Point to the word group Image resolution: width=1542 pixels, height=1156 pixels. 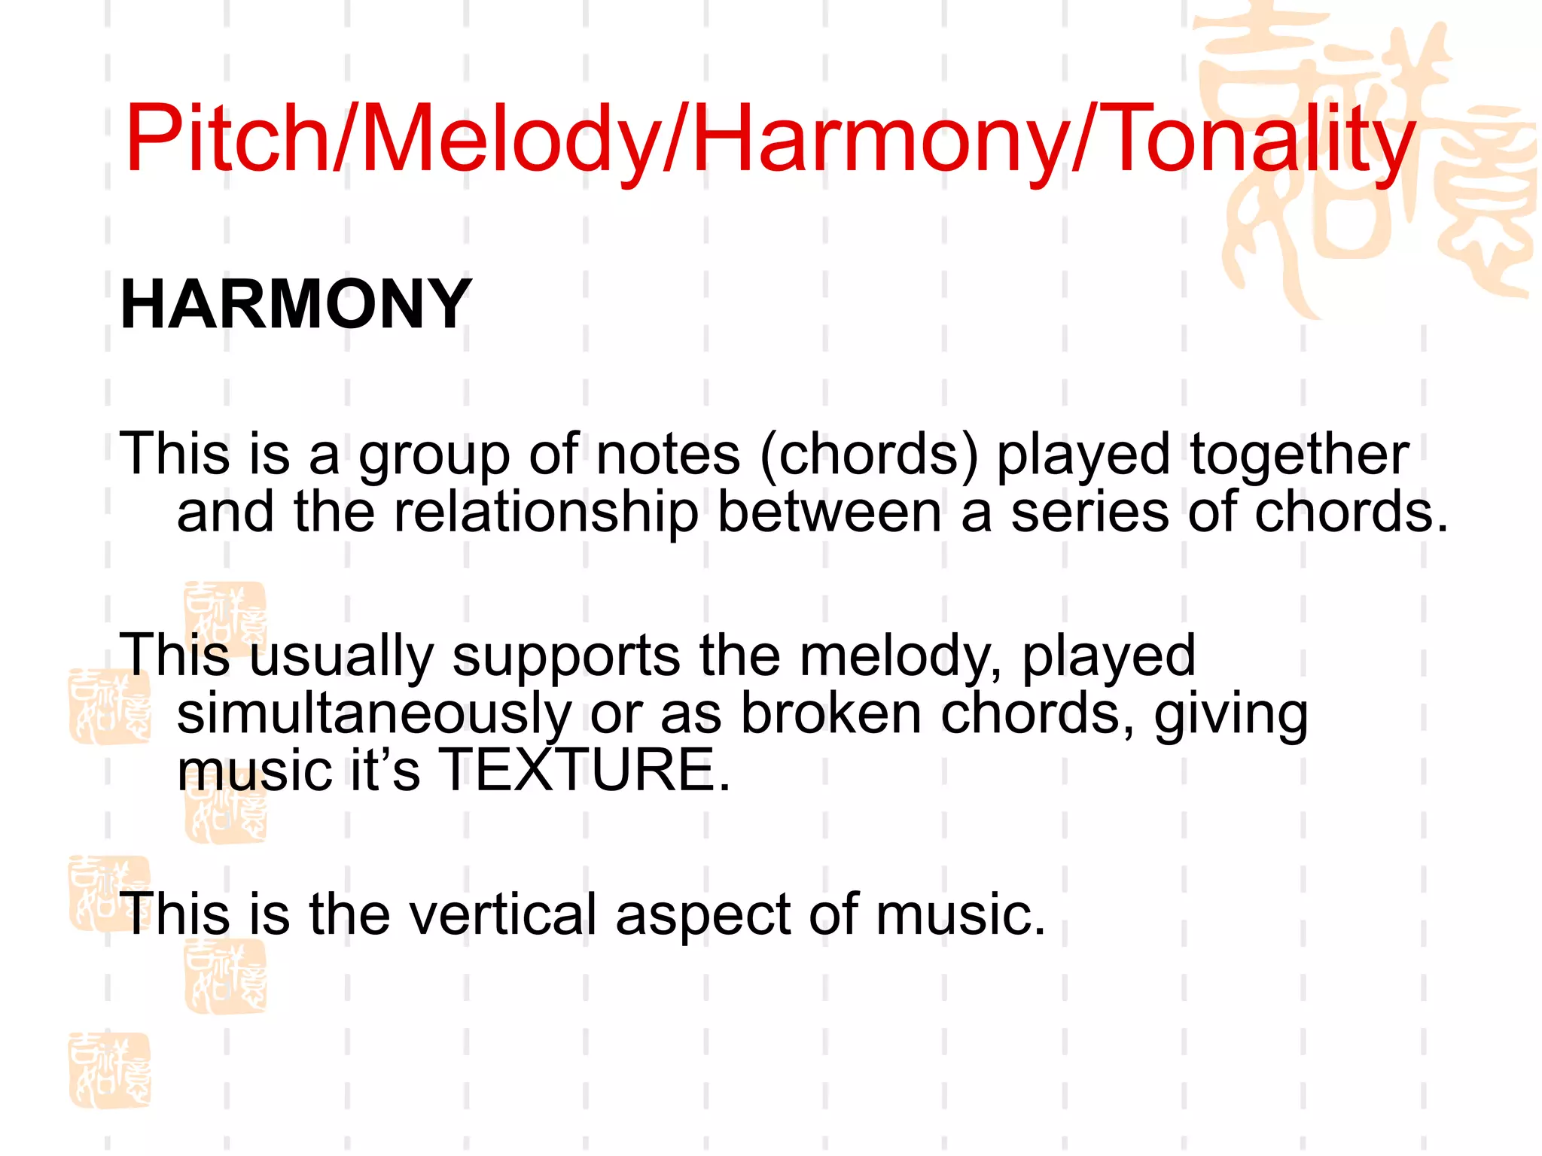point(434,456)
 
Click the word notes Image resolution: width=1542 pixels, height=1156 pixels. point(668,455)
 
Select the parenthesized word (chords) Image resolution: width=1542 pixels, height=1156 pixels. point(869,456)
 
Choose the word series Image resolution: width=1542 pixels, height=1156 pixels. point(1089,512)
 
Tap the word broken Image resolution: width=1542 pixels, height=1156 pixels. point(831,713)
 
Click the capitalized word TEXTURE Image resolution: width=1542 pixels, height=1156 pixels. point(584,770)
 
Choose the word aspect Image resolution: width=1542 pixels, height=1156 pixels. point(703,915)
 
